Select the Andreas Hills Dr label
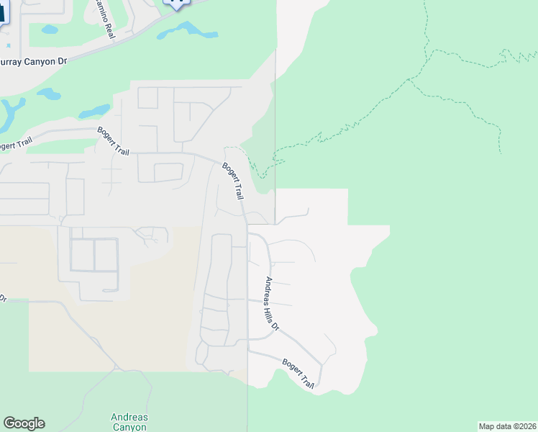(271, 303)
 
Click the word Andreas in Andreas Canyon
(129, 417)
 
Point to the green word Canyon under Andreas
(129, 427)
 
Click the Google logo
(24, 423)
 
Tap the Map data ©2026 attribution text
(506, 426)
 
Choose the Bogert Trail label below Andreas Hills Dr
(298, 374)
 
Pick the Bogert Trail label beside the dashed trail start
(233, 181)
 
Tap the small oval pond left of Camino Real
(50, 30)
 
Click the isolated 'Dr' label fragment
(3, 297)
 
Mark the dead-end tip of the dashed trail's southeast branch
(500, 153)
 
